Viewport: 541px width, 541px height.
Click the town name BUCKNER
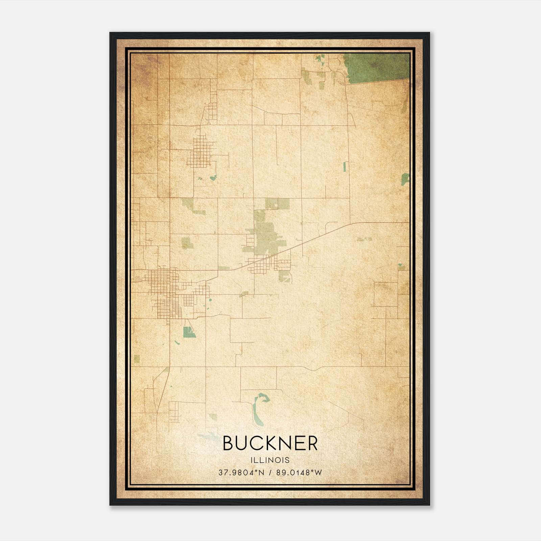[270, 443]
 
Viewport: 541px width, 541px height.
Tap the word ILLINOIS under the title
[270, 460]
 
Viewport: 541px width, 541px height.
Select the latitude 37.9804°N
[240, 472]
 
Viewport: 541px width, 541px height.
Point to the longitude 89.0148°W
[299, 472]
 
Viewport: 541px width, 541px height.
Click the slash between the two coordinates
[270, 472]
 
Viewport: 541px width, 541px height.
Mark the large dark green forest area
[377, 68]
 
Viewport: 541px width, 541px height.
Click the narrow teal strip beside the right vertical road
[345, 166]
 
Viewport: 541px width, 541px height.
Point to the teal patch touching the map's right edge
[405, 179]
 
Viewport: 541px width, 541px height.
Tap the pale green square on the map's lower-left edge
[137, 358]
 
